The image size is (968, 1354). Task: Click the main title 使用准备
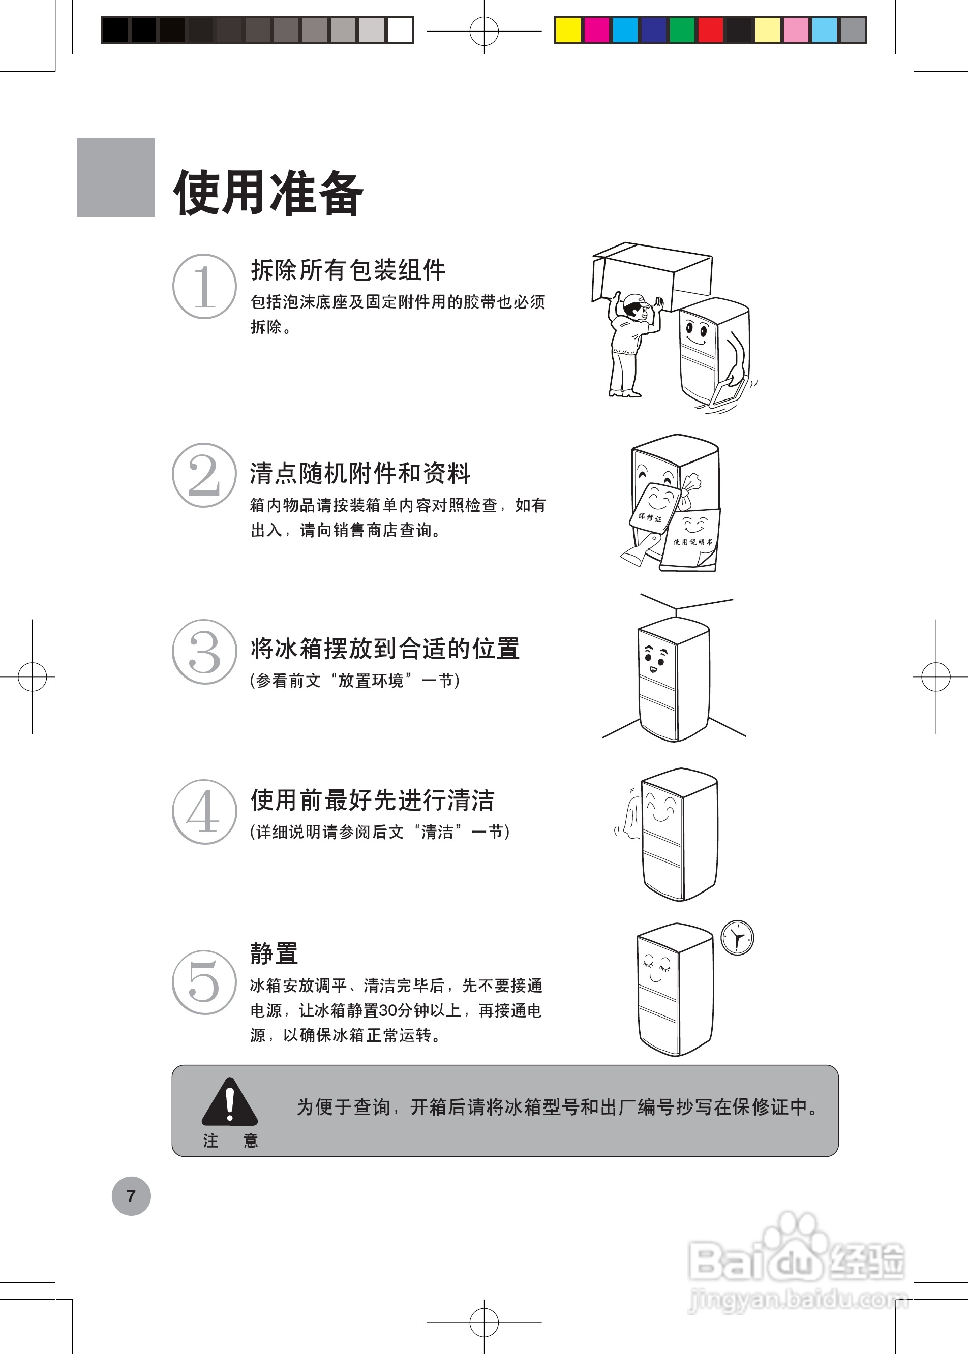coord(268,192)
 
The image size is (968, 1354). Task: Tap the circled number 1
coord(204,287)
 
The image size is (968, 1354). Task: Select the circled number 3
coord(204,652)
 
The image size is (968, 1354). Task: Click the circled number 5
coord(204,982)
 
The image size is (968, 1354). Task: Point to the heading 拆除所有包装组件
coord(348,270)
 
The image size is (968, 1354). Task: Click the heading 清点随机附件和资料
coord(360,473)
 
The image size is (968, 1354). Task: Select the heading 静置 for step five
coord(274,953)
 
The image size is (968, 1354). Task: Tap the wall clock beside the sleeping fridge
coord(737,938)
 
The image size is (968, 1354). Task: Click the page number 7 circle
coord(131,1195)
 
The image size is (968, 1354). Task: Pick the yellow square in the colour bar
coord(567,30)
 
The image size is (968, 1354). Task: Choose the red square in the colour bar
coord(711,30)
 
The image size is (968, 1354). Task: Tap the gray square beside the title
coord(115,177)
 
